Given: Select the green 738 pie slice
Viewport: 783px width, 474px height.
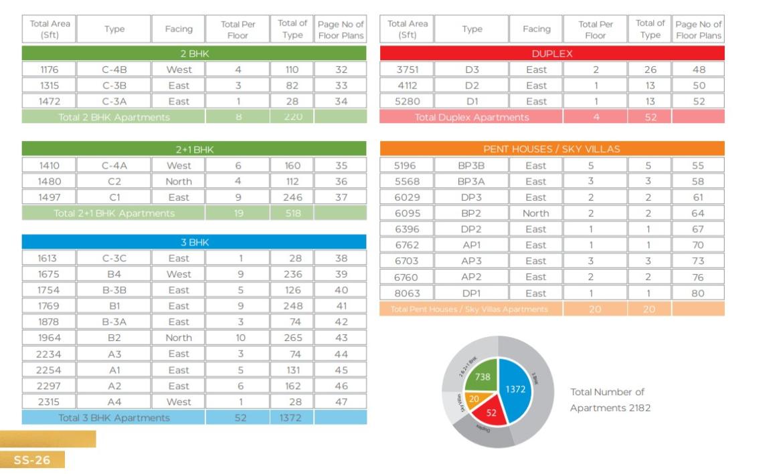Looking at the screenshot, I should pos(483,377).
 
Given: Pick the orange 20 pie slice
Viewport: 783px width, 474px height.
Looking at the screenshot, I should pos(474,399).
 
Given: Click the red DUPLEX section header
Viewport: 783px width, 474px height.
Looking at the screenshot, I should pos(552,53).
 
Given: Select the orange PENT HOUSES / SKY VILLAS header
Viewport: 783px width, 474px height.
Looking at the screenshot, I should pos(552,149).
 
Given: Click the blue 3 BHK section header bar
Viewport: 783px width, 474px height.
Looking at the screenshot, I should pos(194,242).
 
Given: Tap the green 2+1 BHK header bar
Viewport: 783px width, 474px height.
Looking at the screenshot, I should pos(194,149).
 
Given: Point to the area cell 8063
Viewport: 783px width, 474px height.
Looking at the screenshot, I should pos(407,293).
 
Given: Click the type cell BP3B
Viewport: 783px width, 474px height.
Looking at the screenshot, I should pos(471,165).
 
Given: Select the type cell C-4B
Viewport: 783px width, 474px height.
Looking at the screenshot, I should pos(114,70).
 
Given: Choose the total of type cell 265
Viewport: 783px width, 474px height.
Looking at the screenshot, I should pos(292,338).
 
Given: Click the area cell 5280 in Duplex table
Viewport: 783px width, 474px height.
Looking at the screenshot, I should pos(407,102).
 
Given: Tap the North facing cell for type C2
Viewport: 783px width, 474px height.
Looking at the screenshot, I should pos(179,181).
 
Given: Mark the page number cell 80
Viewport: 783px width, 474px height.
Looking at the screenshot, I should pos(698,293).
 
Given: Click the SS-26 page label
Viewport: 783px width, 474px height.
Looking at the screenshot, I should pos(32,460).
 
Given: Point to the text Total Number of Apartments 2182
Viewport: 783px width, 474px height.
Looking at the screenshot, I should pos(610,400).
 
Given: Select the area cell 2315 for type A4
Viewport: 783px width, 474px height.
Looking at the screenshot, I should pos(49,402).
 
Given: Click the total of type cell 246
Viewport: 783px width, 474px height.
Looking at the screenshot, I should pos(292,197).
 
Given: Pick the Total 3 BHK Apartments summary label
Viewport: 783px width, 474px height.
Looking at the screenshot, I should pos(114,418).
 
